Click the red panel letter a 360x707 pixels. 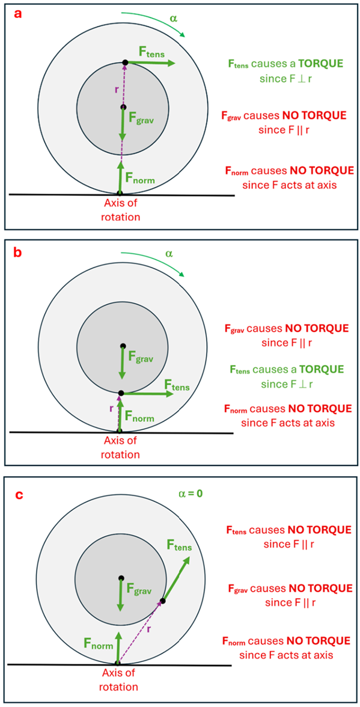click(x=19, y=14)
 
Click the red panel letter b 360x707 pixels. click(x=18, y=252)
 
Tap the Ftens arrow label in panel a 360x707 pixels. click(x=152, y=52)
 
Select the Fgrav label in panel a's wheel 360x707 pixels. click(x=139, y=120)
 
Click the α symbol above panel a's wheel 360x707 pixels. click(x=174, y=19)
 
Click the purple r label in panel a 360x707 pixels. click(x=116, y=88)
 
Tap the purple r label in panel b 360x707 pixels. click(x=111, y=408)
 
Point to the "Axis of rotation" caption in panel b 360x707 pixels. click(x=121, y=447)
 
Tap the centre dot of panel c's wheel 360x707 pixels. click(x=121, y=578)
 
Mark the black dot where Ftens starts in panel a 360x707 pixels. click(x=125, y=63)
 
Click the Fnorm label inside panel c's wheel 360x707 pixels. click(x=94, y=644)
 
